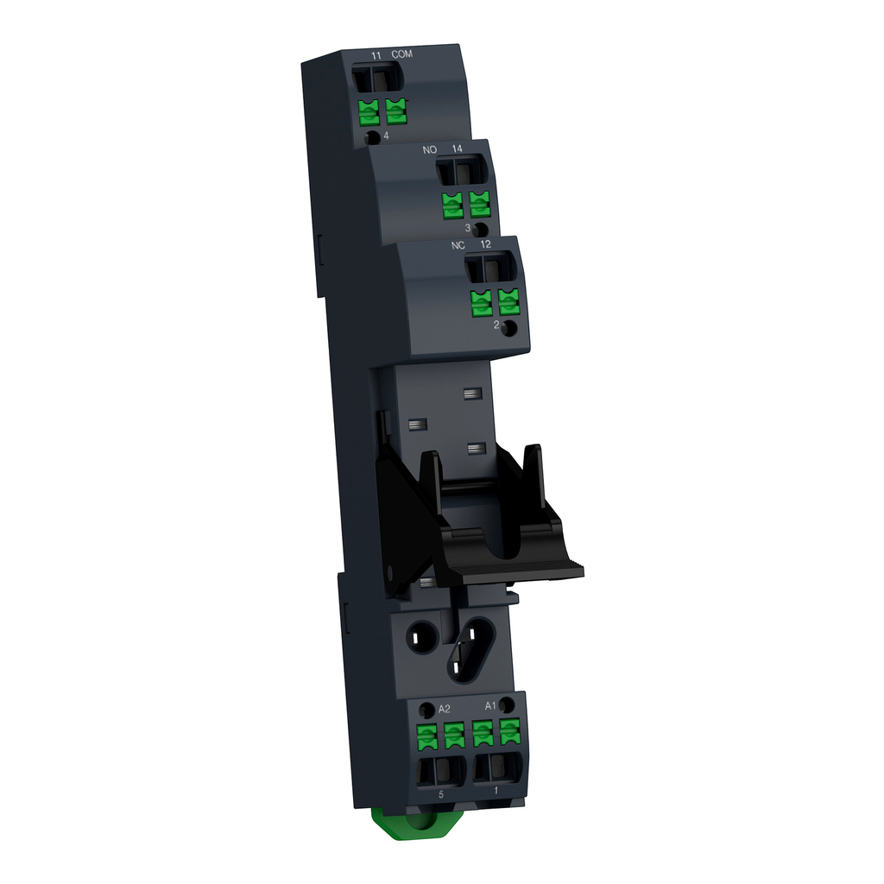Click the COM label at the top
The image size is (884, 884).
(x=401, y=54)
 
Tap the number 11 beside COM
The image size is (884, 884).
(x=376, y=55)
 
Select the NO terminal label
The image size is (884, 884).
(x=429, y=149)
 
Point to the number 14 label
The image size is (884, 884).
(x=457, y=149)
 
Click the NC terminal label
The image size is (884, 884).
(x=458, y=245)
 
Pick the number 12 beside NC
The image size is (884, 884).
(x=487, y=245)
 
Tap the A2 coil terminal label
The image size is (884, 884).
(x=445, y=708)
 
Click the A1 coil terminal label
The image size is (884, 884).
(x=489, y=705)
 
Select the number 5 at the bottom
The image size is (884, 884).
(x=441, y=793)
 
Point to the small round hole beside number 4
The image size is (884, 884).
(x=371, y=138)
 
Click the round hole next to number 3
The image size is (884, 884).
(x=481, y=230)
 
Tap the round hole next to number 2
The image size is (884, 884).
(x=510, y=328)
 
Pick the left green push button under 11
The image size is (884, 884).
(x=369, y=111)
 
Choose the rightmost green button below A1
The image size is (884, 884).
(x=510, y=731)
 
